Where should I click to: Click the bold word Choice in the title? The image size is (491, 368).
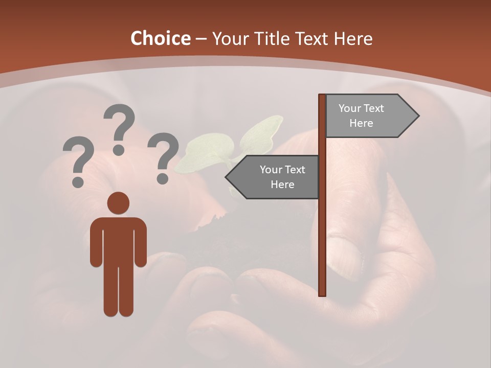[160, 38]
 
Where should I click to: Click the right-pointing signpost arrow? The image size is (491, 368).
[371, 116]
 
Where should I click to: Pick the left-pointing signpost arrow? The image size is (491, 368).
[273, 177]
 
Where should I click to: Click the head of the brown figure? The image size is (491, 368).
[118, 203]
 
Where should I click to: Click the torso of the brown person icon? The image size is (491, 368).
[118, 240]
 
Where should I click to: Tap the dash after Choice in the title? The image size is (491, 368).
[201, 39]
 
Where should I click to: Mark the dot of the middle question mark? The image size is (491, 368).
[119, 150]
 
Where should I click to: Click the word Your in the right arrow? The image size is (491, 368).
[350, 108]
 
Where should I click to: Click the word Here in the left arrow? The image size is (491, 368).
[282, 185]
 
